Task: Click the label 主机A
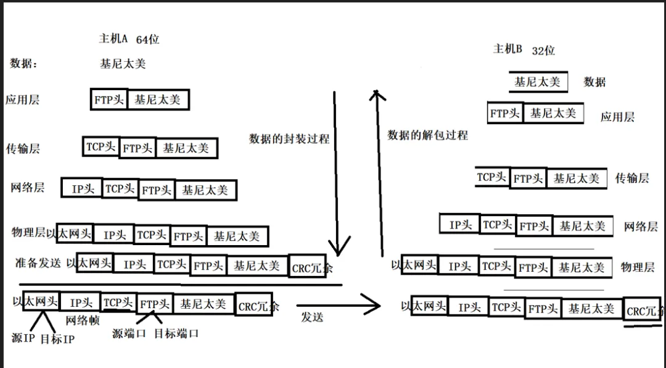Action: tap(113, 38)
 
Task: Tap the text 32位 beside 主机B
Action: tap(543, 51)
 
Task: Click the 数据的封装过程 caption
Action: tap(289, 138)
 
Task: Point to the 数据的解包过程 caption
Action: tap(427, 135)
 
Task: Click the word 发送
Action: tap(312, 317)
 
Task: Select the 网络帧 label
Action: tap(83, 320)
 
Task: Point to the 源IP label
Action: tap(23, 338)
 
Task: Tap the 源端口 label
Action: tap(129, 333)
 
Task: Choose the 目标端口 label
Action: tap(176, 333)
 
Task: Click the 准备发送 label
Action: tap(38, 262)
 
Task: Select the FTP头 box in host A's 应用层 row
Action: tap(110, 99)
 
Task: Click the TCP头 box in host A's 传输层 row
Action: tap(101, 146)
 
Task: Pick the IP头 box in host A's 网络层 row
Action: tap(83, 189)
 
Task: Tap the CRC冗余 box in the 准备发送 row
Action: tap(308, 267)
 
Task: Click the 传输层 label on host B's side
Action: tap(631, 178)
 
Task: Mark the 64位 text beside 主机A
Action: tap(147, 39)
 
